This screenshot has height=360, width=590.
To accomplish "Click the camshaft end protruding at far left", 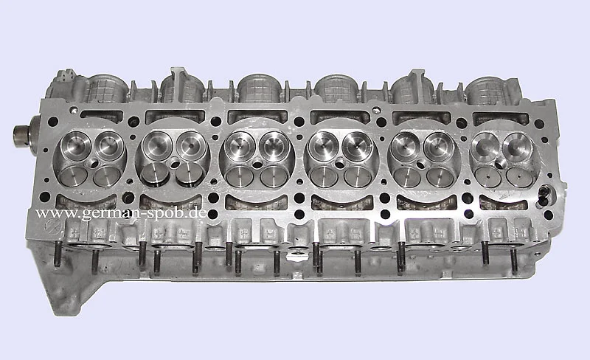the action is click(x=22, y=134).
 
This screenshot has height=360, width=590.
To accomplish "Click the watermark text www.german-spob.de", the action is click(x=122, y=213).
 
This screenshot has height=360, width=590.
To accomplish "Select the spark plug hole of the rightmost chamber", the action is click(x=502, y=164).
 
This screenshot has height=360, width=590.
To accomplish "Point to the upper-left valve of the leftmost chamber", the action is click(x=76, y=146).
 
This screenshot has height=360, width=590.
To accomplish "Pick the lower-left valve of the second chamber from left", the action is click(x=156, y=175).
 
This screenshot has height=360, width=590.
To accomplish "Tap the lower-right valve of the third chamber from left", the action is click(x=274, y=176).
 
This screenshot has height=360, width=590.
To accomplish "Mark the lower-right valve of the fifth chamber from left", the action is click(x=440, y=177).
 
